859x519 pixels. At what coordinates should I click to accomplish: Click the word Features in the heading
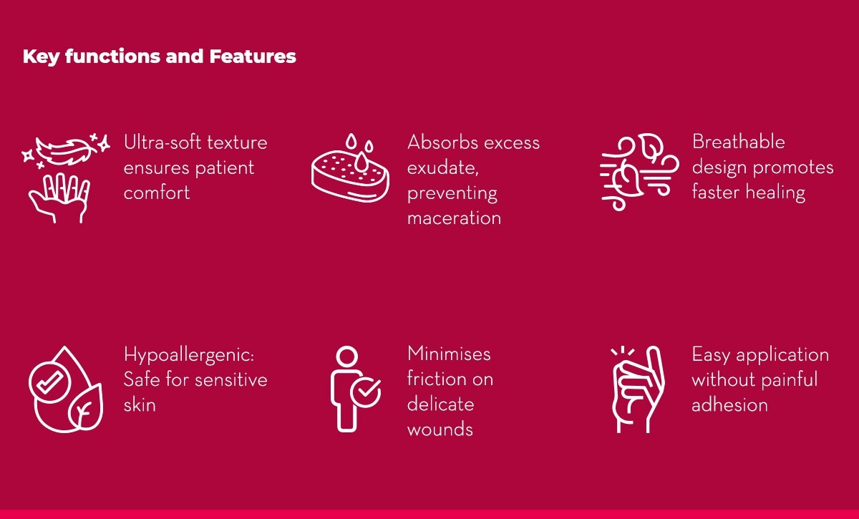253,57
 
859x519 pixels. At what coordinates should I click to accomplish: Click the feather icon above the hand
66,151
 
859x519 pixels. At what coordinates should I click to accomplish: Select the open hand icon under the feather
59,198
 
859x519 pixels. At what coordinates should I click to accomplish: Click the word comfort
157,193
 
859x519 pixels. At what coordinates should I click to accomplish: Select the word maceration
454,218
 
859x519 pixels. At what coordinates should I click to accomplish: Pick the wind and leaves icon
639,172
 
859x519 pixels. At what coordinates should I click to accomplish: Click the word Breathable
739,142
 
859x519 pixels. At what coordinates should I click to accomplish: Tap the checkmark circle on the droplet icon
50,382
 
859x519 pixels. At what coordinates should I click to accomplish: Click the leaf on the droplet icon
86,407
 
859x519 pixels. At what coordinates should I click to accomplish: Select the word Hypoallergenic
189,355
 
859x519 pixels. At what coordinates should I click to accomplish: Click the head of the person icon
347,356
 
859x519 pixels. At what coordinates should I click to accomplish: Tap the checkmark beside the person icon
366,392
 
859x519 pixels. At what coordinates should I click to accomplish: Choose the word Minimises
449,354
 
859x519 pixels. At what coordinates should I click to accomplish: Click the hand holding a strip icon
638,389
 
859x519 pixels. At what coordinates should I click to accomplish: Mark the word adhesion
729,405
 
